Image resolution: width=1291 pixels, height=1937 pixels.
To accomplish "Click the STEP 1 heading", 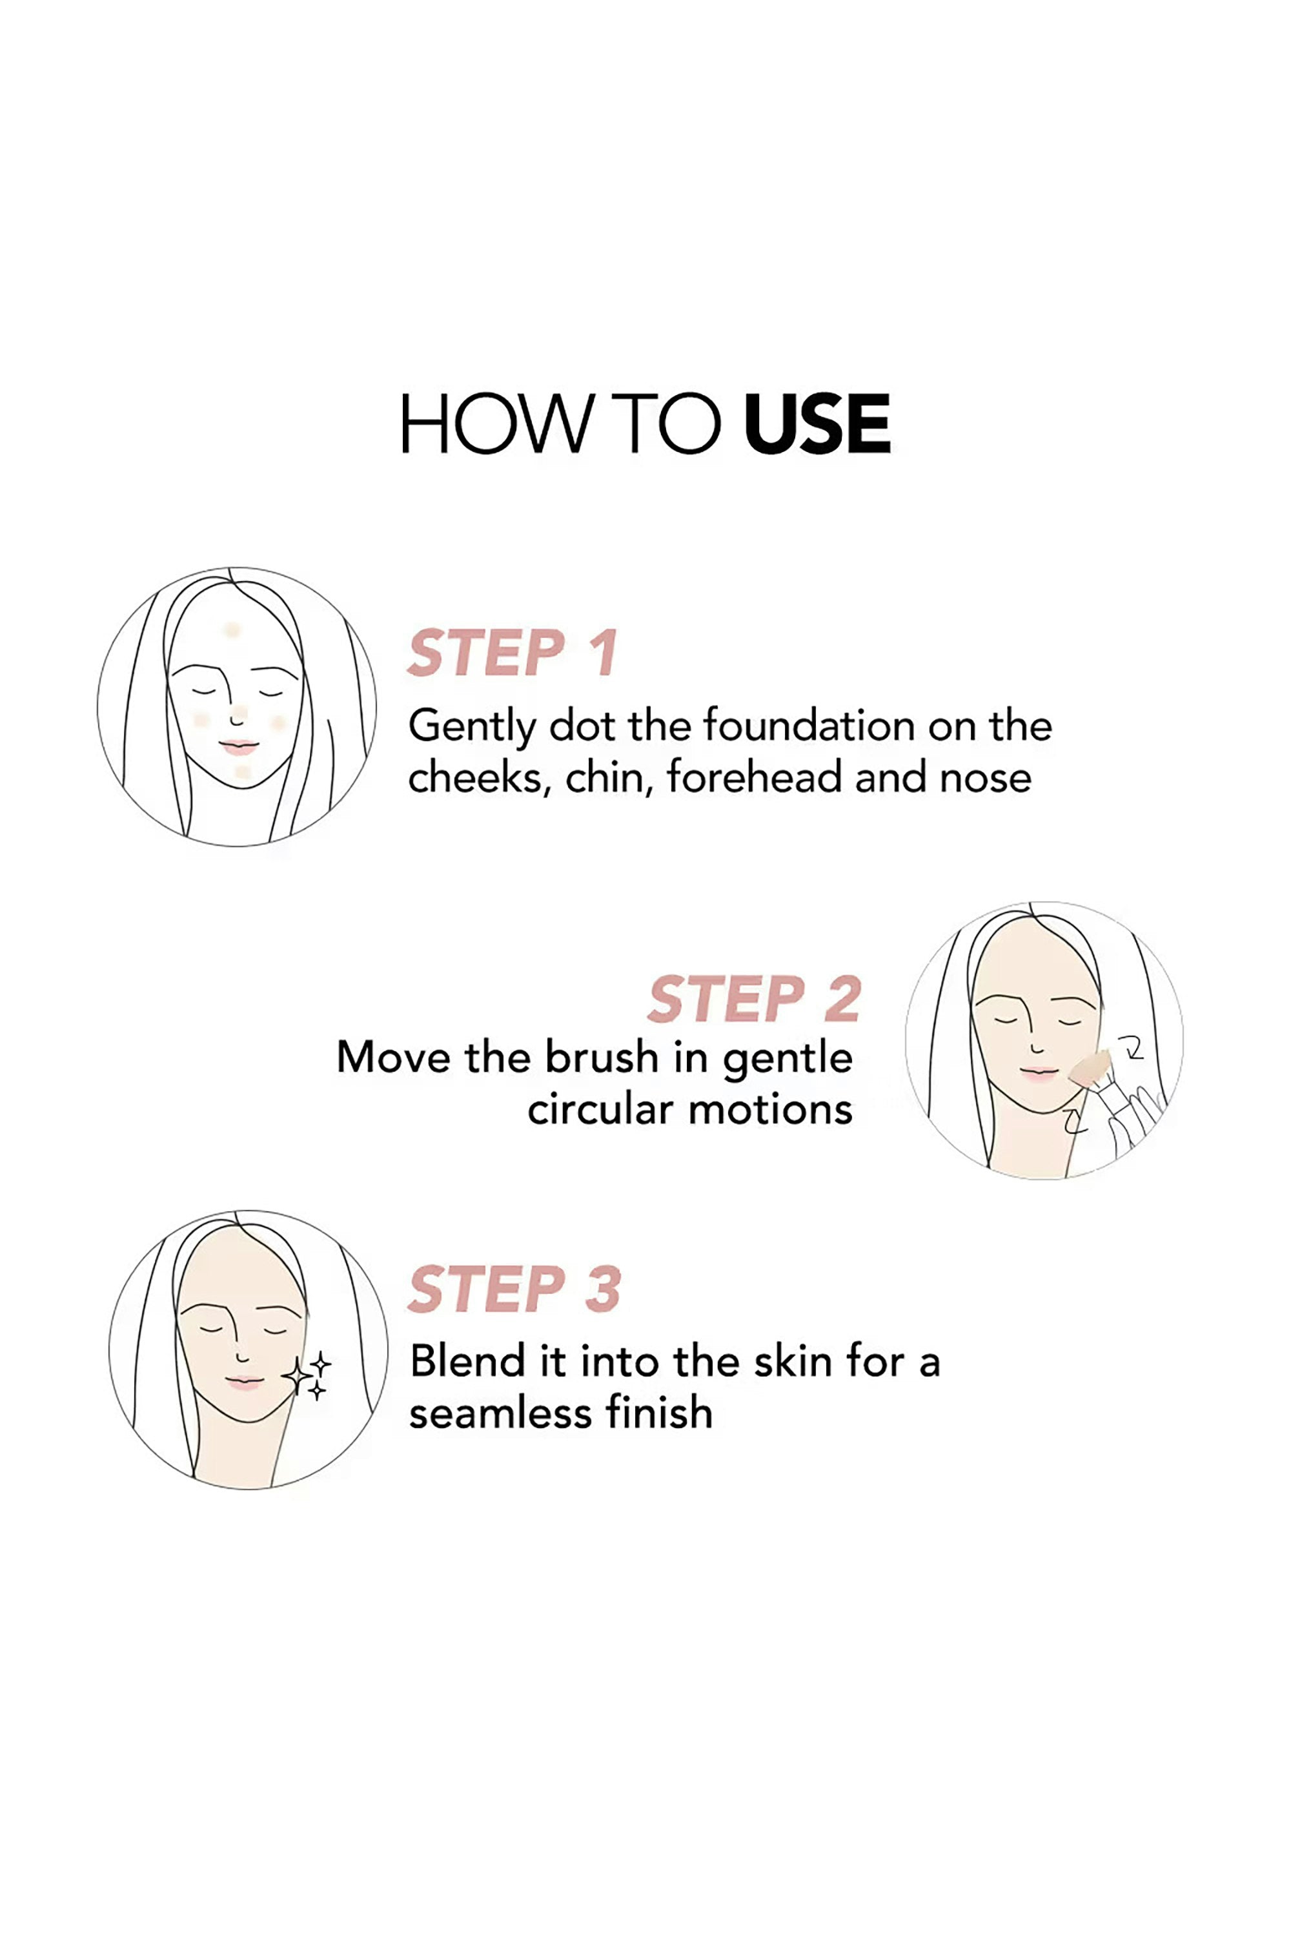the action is point(512,653).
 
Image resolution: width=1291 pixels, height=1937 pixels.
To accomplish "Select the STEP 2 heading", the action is point(754,999).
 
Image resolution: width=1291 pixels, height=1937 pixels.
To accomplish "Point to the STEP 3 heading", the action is point(514,1289).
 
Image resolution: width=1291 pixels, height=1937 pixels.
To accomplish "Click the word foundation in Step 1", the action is point(809,726).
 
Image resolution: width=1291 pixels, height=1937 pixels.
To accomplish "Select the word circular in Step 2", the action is point(600,1109).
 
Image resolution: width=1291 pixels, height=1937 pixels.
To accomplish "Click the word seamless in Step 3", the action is point(502,1413).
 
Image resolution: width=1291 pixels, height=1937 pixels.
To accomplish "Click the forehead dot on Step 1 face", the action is point(232,630).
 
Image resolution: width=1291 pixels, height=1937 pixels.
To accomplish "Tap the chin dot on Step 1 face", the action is point(241,772).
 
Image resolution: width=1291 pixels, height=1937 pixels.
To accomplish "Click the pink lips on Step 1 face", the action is point(239,747).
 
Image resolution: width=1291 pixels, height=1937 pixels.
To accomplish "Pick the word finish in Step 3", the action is point(658,1413).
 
